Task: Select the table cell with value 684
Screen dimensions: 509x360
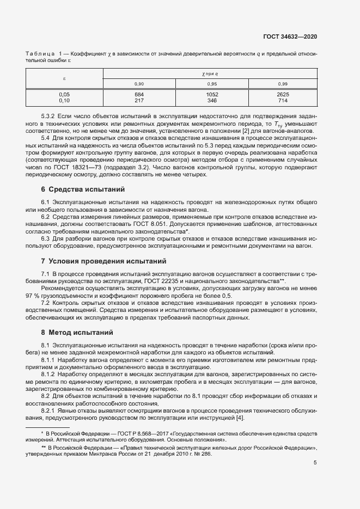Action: (139, 94)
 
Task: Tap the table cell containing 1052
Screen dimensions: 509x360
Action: (212, 94)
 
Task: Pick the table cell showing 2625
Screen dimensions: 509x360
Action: (283, 94)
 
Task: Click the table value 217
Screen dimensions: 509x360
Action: (139, 100)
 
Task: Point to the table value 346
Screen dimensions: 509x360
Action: (212, 100)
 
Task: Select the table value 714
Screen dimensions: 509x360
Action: (283, 100)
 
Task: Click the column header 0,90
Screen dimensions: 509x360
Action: (139, 83)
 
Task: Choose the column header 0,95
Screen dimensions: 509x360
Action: (212, 83)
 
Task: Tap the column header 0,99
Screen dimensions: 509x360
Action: (283, 83)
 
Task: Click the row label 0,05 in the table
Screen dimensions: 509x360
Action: (64, 94)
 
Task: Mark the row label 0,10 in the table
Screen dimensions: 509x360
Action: (64, 100)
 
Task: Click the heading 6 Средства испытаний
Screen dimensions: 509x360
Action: (83, 189)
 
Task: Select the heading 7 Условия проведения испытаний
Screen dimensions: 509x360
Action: (105, 261)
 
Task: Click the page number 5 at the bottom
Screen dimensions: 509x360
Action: (315, 463)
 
